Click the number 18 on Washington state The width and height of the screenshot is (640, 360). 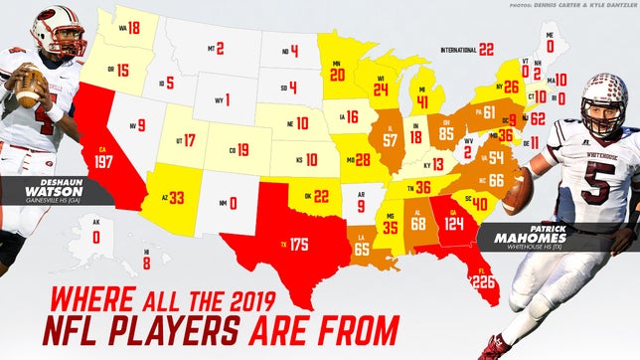coord(133,29)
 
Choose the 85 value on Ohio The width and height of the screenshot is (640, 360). coord(446,132)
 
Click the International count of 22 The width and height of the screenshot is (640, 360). coord(485,48)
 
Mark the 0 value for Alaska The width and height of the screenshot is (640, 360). coord(96,238)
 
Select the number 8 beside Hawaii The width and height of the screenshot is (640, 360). coord(147,263)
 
